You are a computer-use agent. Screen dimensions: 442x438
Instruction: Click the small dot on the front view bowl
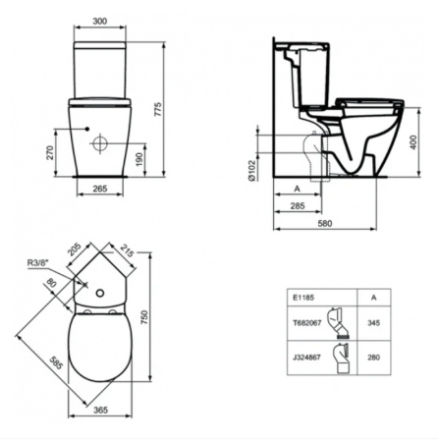pos(87,128)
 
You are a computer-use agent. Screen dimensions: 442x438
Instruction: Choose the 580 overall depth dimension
pos(336,223)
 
